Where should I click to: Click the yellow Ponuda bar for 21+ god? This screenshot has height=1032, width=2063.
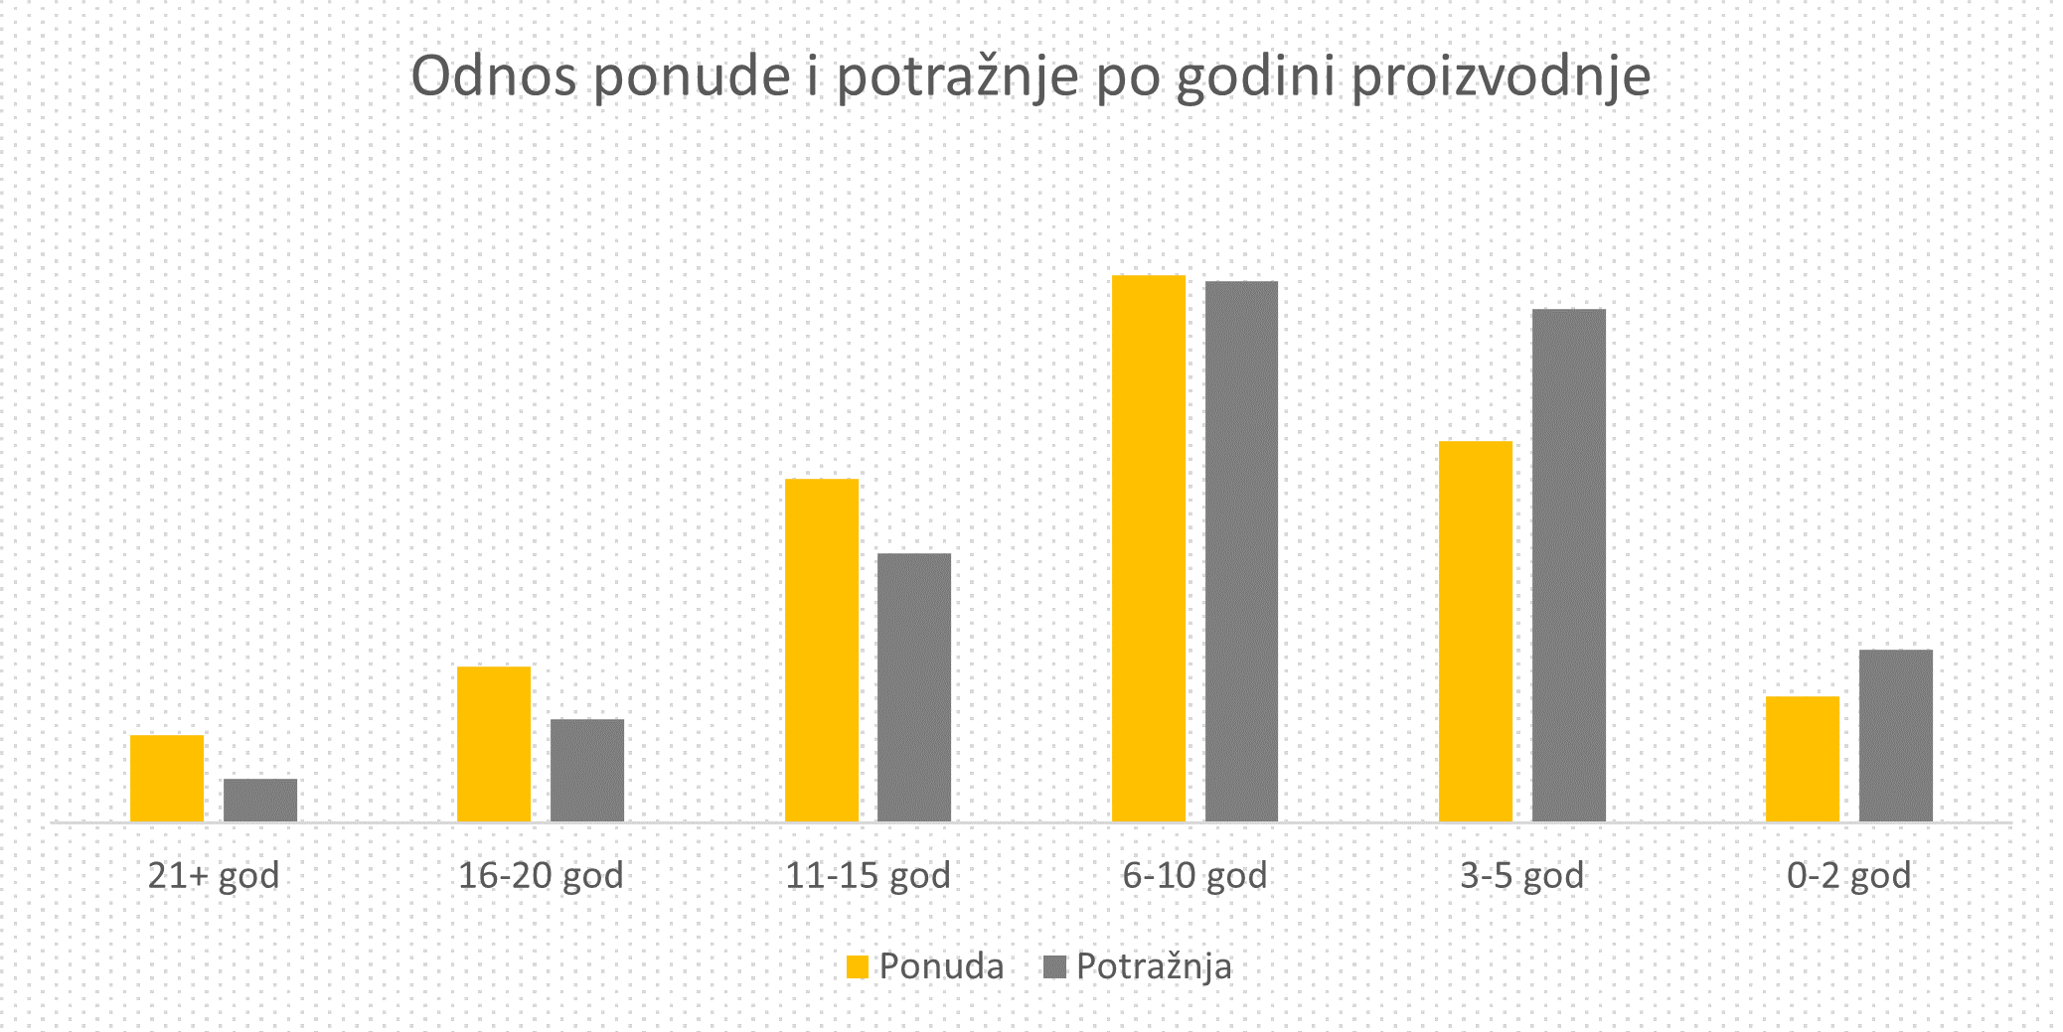(x=167, y=779)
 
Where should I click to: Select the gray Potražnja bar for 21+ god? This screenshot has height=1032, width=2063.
(x=260, y=801)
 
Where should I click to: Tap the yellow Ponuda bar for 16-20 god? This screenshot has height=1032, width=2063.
(x=494, y=744)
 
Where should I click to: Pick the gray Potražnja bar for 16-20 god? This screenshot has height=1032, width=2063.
(x=587, y=771)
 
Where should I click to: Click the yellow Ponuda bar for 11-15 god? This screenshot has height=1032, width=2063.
(x=822, y=651)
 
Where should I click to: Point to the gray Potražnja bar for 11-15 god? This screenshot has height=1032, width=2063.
(x=914, y=687)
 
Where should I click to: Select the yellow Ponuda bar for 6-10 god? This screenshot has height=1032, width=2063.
(x=1149, y=548)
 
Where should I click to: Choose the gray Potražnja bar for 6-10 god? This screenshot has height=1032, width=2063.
(x=1241, y=551)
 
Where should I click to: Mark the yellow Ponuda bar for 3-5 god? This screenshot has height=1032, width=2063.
(x=1476, y=632)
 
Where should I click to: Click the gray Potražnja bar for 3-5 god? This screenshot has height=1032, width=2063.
(x=1569, y=565)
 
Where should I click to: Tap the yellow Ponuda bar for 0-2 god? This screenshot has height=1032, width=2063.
(x=1803, y=759)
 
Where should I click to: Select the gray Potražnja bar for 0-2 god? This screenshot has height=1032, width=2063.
(x=1896, y=736)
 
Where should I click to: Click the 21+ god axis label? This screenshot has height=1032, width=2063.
(x=214, y=876)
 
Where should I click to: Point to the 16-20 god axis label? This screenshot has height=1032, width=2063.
(x=541, y=876)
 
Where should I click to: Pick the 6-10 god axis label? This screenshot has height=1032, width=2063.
(x=1194, y=876)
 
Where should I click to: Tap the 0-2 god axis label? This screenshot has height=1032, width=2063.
(x=1848, y=876)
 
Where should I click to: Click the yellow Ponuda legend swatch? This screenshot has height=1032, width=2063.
(x=858, y=966)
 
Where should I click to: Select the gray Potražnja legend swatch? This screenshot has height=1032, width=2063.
(x=1054, y=966)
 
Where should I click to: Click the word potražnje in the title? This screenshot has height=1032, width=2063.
(x=957, y=77)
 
